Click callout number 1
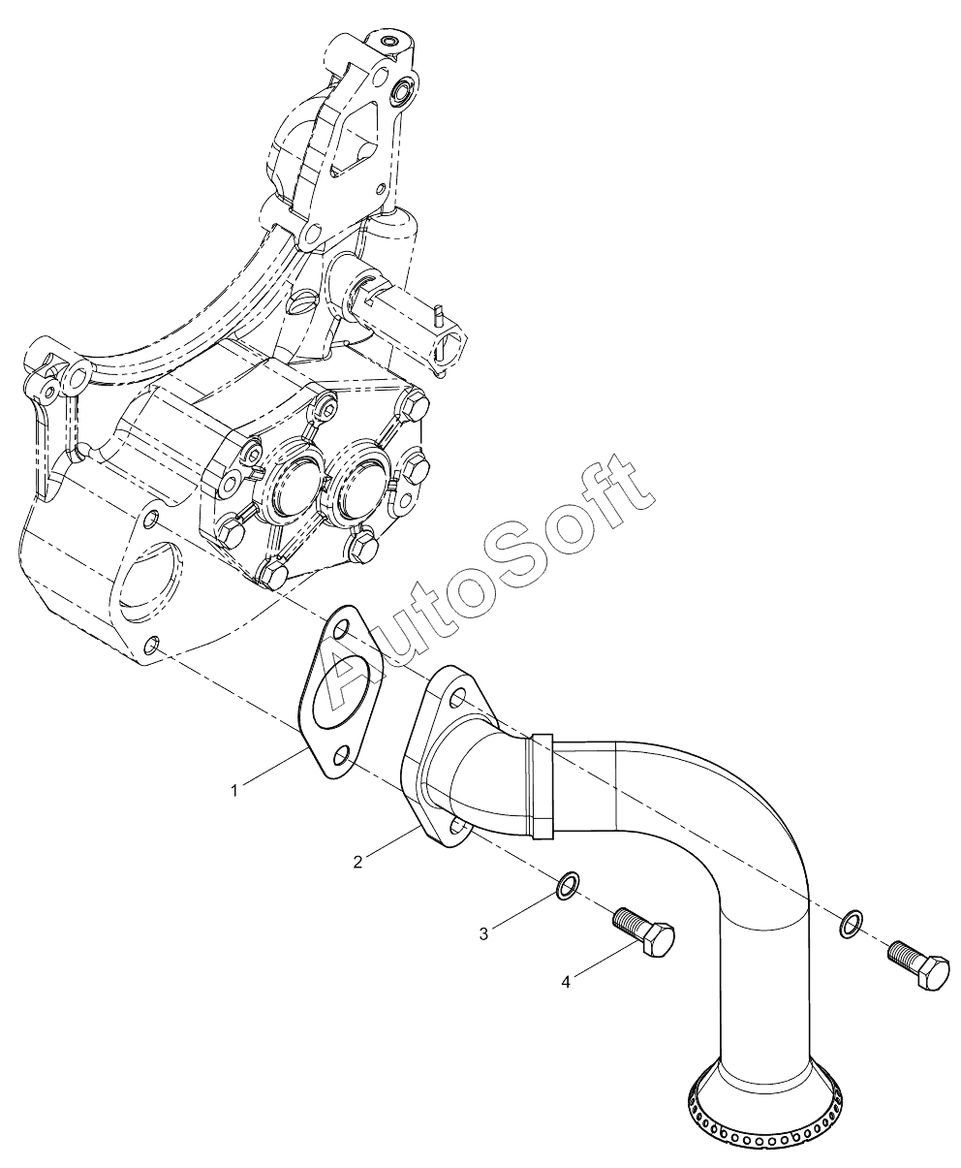click(x=234, y=790)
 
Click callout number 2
click(x=358, y=877)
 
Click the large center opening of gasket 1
click(x=342, y=692)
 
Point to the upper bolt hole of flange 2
click(x=455, y=700)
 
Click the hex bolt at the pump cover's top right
click(x=416, y=404)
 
